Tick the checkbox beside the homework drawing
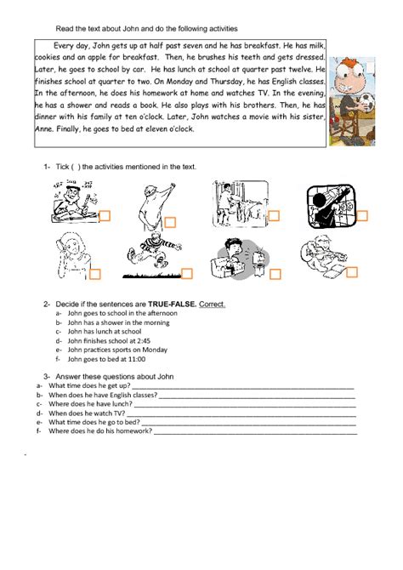click(x=105, y=215)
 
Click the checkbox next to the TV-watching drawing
click(x=275, y=274)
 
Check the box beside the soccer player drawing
click(x=187, y=273)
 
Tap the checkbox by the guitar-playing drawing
click(x=362, y=215)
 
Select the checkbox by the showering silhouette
click(x=170, y=222)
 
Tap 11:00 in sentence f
click(x=139, y=359)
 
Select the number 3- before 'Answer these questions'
click(x=48, y=375)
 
